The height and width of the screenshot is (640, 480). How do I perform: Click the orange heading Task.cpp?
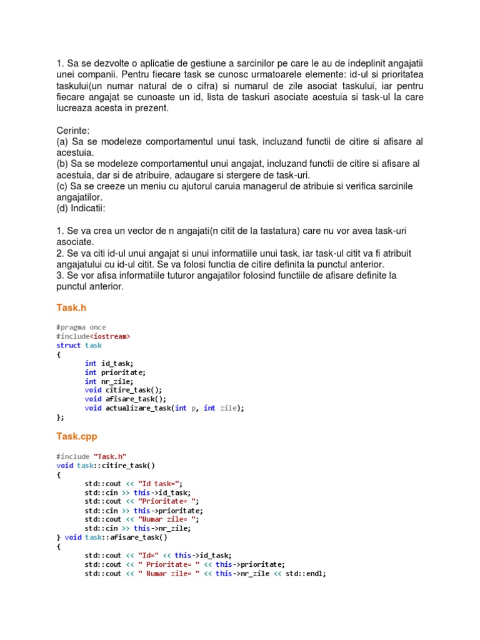coord(76,436)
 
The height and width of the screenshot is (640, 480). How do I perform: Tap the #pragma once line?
coord(81,327)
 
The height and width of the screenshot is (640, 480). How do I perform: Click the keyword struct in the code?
coord(69,345)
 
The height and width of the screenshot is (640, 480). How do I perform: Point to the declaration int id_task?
coord(109,363)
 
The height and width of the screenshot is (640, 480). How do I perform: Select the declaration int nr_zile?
coord(109,381)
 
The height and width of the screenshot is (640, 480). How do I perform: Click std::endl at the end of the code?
coord(306,573)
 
